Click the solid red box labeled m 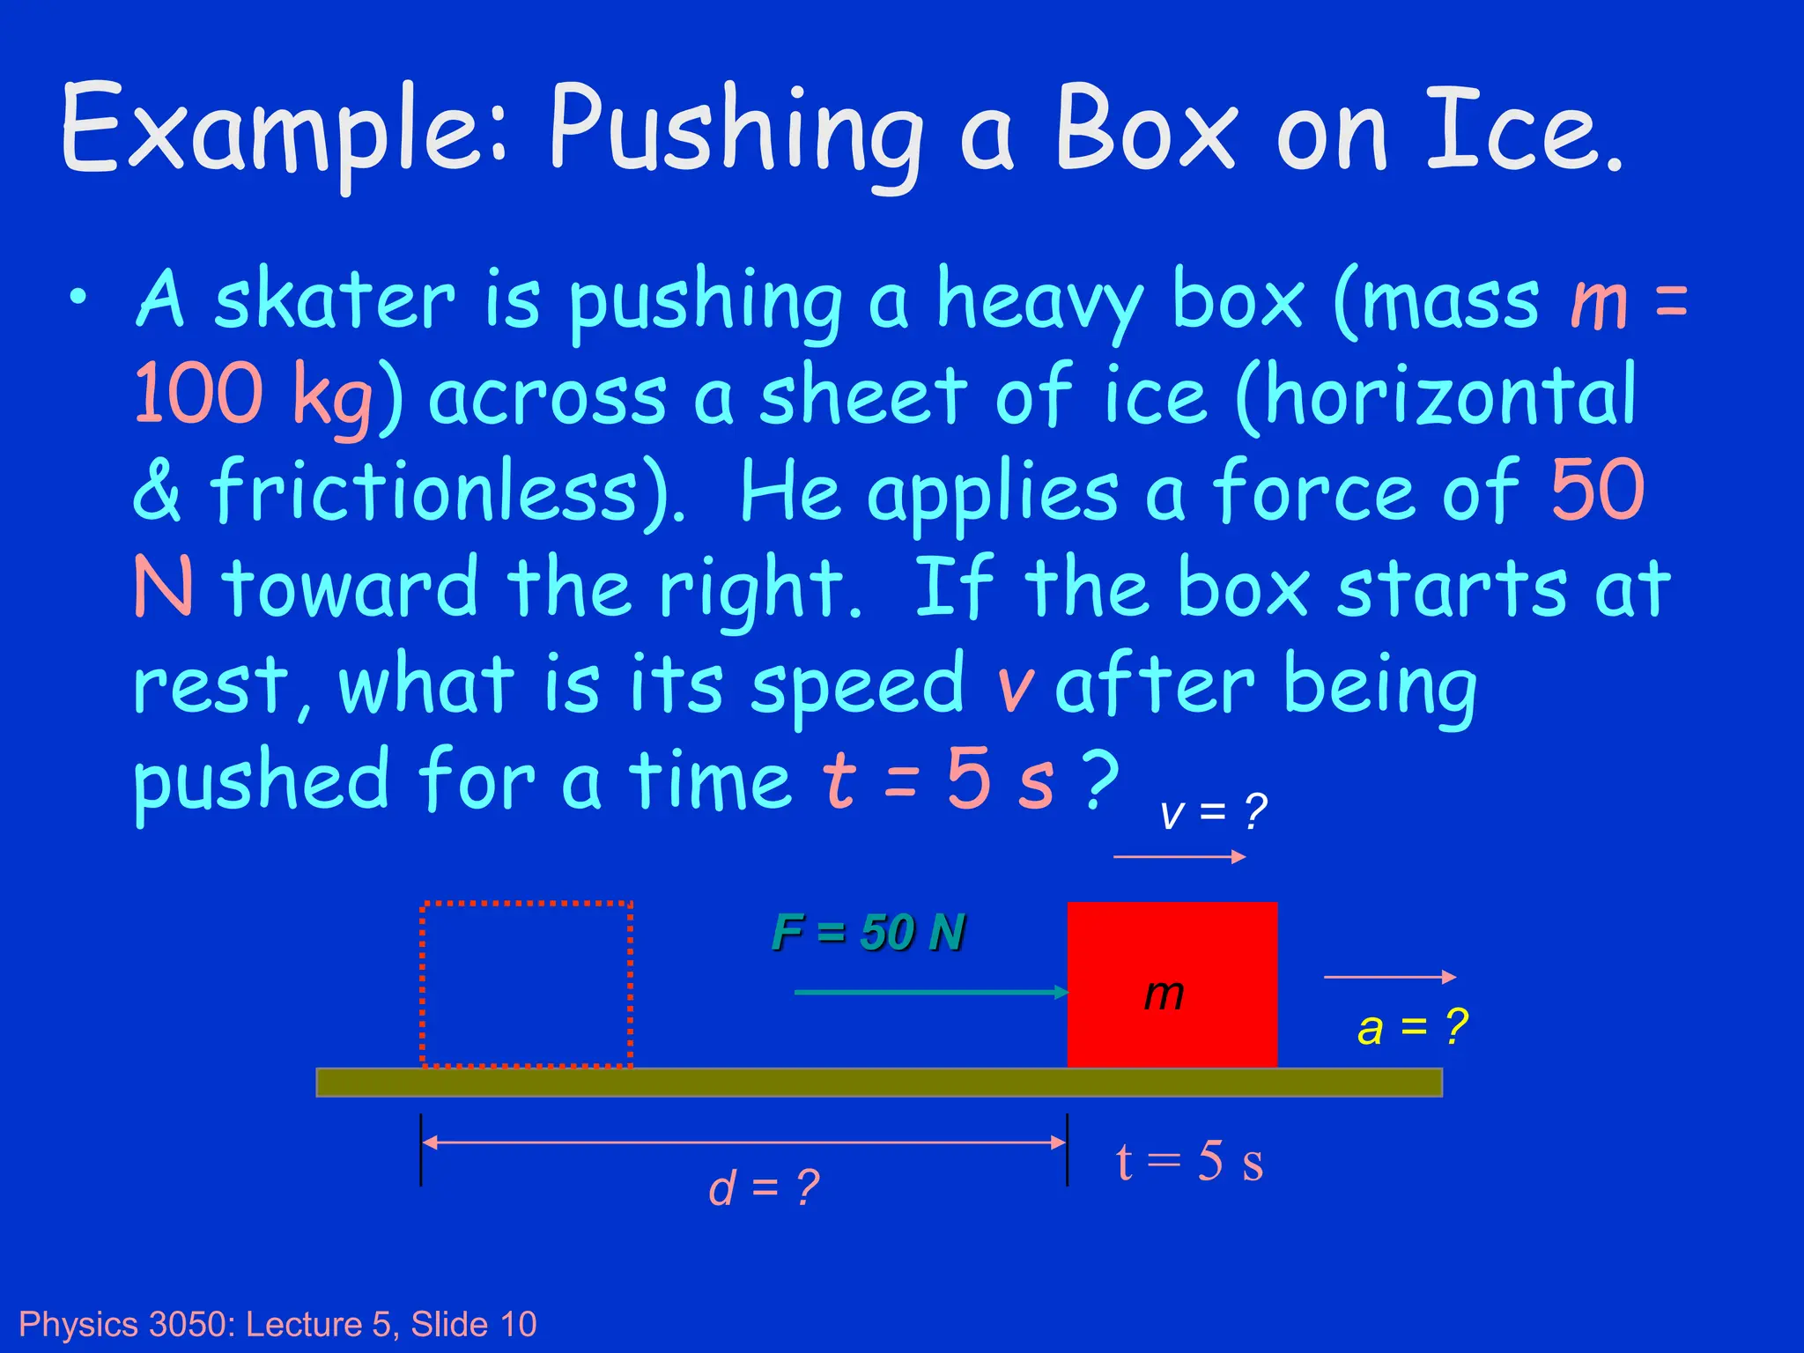point(1172,983)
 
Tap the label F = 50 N point(869,932)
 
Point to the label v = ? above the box point(1213,810)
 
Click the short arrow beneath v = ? point(1179,856)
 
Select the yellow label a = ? point(1412,1027)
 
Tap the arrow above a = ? point(1389,976)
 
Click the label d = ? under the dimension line point(764,1187)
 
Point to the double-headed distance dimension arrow point(743,1142)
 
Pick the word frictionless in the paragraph point(423,490)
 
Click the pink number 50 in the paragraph point(1597,490)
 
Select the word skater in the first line point(335,299)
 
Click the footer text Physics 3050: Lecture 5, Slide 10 point(277,1324)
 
